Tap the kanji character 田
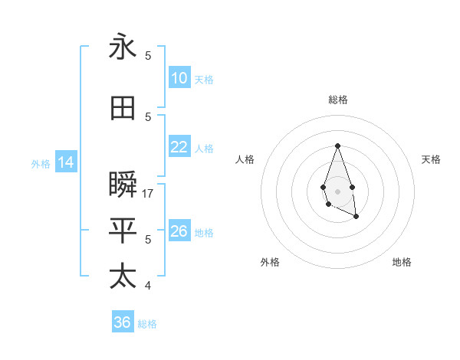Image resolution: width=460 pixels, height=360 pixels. [x=123, y=109]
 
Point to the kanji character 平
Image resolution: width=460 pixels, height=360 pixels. [x=123, y=230]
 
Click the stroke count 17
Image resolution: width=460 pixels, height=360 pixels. [x=149, y=194]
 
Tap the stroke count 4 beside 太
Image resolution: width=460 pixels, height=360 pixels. [x=148, y=286]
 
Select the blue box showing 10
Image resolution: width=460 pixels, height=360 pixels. [x=179, y=78]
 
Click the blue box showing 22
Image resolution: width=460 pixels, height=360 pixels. [x=179, y=148]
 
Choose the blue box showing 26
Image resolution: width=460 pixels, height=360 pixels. [x=179, y=231]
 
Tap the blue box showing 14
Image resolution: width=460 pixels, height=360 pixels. [x=65, y=162]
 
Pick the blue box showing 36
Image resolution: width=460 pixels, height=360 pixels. [x=123, y=322]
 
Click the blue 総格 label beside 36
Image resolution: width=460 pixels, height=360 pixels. [x=148, y=324]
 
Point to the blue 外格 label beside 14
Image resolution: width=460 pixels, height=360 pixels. [x=41, y=163]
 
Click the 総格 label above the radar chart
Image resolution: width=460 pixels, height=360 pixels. [x=337, y=100]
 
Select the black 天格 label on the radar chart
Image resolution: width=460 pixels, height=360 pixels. [x=432, y=159]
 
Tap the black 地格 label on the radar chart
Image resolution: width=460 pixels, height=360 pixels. [x=402, y=262]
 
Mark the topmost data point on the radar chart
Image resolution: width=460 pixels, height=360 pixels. [x=337, y=146]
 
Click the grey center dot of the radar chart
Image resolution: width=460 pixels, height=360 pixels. [x=337, y=190]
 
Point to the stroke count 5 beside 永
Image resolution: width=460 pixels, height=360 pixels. [x=148, y=55]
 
